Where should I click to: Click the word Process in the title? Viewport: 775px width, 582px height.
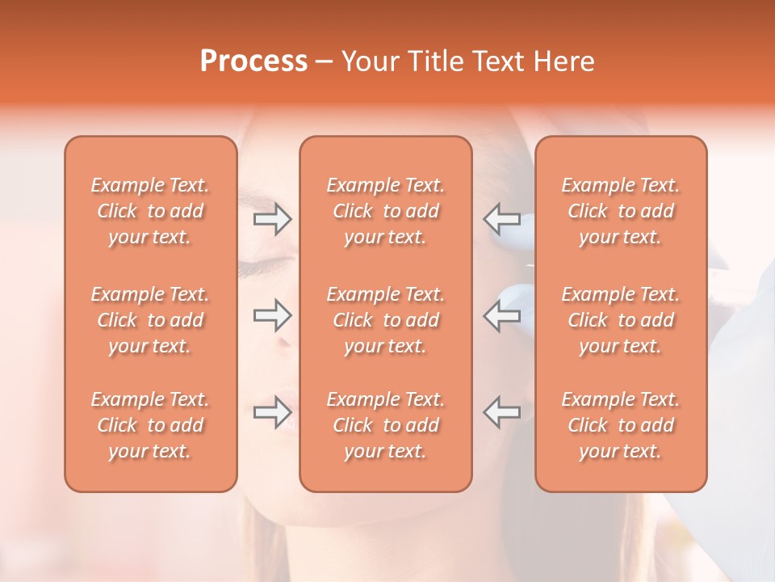[x=253, y=61]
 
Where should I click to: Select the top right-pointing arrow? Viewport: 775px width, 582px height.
[x=273, y=218]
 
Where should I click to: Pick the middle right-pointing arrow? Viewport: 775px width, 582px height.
[x=273, y=315]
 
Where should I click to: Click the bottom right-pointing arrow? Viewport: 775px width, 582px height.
[x=273, y=412]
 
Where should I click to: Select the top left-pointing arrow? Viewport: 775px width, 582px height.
[x=501, y=218]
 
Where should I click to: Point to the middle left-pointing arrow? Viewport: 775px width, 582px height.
[x=501, y=315]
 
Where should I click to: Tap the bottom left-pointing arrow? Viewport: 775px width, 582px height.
[x=501, y=412]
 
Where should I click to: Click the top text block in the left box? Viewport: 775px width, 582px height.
[x=150, y=211]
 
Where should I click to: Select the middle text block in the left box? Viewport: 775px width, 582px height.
[x=150, y=320]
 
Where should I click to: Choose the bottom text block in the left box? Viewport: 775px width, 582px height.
[x=150, y=425]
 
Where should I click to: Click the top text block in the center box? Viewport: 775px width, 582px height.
[x=386, y=211]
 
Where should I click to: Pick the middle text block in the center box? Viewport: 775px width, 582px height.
[x=386, y=320]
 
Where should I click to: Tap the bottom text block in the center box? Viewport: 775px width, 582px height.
[x=386, y=425]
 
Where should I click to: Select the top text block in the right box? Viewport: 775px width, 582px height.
[x=621, y=211]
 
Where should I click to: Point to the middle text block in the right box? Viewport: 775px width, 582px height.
[x=621, y=320]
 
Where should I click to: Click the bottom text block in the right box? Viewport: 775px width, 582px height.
[x=621, y=425]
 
